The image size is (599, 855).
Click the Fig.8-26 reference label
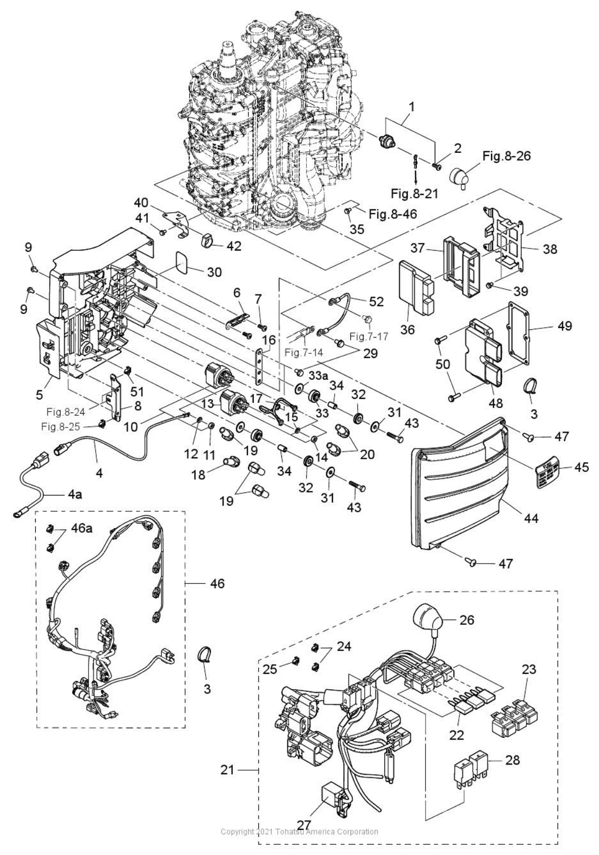point(506,156)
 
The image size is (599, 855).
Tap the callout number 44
point(531,518)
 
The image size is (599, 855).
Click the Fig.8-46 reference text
point(393,214)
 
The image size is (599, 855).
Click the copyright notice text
point(299,831)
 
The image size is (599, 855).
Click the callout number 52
point(376,302)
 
